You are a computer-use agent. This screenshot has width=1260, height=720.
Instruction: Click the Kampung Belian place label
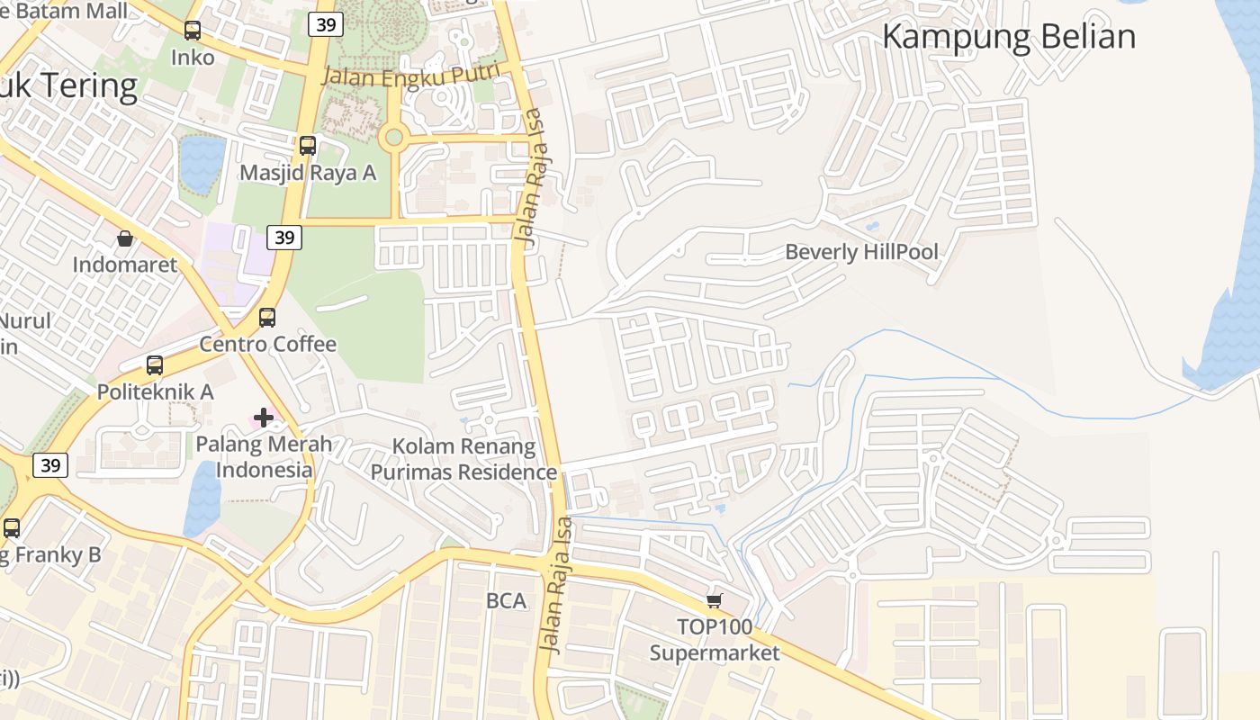tap(1008, 37)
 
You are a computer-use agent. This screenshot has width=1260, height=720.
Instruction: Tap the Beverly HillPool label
tap(861, 252)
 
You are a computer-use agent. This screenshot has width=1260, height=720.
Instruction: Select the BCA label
tap(506, 601)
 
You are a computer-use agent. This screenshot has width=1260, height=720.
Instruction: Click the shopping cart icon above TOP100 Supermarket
tap(715, 600)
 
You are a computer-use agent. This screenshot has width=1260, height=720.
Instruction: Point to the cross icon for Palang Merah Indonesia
tap(264, 417)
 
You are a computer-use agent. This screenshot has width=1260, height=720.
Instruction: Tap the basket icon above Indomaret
tap(125, 238)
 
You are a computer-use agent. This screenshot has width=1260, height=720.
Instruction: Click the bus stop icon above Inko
tap(193, 31)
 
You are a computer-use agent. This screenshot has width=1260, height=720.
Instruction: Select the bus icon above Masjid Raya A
tap(308, 145)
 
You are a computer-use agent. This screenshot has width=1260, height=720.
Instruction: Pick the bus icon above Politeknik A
tap(155, 364)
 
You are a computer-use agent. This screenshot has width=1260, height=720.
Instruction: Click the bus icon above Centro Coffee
tap(267, 317)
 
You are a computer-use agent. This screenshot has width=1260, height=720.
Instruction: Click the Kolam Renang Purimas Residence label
tap(464, 459)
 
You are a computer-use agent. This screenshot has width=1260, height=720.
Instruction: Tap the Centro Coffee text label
tap(267, 344)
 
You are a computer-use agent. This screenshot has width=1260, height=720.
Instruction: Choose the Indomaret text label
tap(125, 265)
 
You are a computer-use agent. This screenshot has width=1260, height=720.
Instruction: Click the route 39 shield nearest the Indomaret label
tap(284, 238)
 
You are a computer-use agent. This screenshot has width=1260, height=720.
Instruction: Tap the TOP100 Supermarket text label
tap(715, 640)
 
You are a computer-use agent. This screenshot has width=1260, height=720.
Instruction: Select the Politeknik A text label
tap(155, 391)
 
